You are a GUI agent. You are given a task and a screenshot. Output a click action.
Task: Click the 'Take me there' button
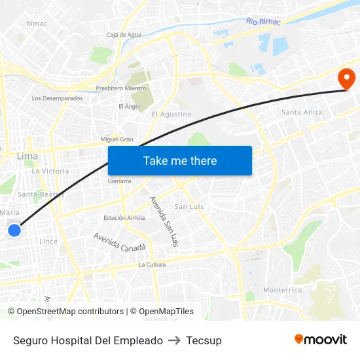(x=180, y=160)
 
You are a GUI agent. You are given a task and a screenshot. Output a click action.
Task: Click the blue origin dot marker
(x=14, y=230)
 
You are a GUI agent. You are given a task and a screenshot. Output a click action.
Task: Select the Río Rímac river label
(x=263, y=22)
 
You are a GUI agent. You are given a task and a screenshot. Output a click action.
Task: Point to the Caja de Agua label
(x=124, y=35)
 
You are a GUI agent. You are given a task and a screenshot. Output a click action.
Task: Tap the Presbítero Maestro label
(x=121, y=88)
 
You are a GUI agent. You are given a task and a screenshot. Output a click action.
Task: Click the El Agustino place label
(x=171, y=114)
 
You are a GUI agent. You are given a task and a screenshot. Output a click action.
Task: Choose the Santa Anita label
(x=302, y=112)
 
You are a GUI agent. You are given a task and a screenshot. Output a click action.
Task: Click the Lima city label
(x=27, y=156)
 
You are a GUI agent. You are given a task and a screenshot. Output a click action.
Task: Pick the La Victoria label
(x=50, y=171)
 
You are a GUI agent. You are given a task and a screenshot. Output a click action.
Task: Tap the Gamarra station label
(x=120, y=181)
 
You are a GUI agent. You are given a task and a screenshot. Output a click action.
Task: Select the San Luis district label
(x=189, y=206)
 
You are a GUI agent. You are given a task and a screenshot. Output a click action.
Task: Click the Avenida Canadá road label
(x=119, y=243)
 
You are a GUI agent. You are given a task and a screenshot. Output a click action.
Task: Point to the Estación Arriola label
(x=124, y=218)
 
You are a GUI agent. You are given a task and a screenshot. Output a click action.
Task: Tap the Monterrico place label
(x=282, y=289)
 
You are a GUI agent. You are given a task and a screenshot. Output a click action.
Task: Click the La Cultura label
(x=152, y=265)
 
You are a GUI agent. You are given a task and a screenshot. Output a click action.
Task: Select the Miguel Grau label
(x=117, y=139)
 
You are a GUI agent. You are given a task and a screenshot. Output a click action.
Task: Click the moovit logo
(x=320, y=340)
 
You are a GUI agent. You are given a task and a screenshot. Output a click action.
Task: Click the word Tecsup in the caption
(x=204, y=340)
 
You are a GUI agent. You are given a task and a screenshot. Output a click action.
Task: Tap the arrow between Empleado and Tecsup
(x=174, y=340)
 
